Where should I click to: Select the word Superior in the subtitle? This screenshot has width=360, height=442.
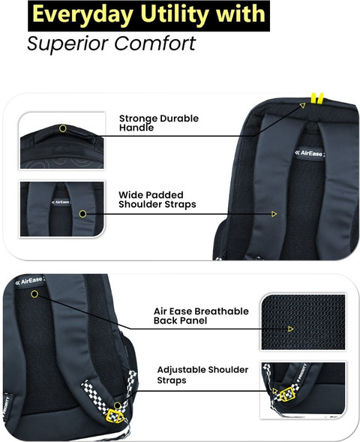tap(68, 44)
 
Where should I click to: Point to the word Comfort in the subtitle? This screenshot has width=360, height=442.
tap(154, 43)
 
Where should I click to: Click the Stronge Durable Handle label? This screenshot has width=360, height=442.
tap(159, 123)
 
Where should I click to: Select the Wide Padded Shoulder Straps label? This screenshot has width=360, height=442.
tap(157, 200)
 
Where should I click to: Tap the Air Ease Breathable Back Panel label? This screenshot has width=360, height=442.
tap(201, 316)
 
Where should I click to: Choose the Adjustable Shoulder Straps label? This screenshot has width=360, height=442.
tap(202, 374)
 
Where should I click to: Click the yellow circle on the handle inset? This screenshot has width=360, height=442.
tap(63, 128)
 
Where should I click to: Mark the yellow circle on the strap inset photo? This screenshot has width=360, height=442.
tap(82, 214)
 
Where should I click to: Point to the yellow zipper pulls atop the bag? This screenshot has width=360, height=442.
tap(317, 98)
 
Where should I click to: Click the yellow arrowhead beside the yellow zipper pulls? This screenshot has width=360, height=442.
tap(302, 106)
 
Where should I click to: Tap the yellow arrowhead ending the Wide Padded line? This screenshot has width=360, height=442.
tap(274, 214)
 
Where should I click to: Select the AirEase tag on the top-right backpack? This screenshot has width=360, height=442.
tap(310, 154)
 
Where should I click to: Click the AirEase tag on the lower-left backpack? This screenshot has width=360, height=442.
tap(29, 281)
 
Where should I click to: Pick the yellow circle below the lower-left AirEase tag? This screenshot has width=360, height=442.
tap(34, 294)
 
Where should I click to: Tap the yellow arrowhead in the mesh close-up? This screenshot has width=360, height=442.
tap(291, 329)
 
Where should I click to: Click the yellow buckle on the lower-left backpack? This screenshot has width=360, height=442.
tap(115, 416)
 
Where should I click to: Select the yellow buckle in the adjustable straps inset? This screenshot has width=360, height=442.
tap(287, 394)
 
